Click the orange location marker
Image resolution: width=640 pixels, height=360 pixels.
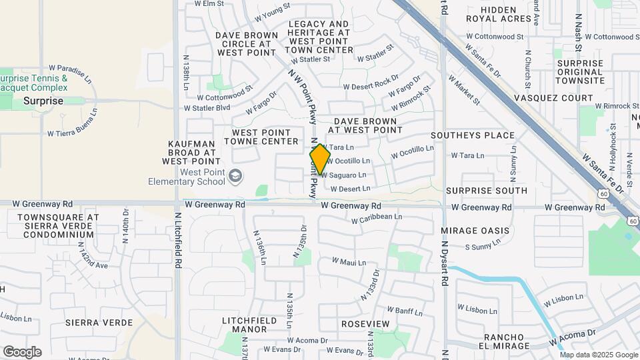320,159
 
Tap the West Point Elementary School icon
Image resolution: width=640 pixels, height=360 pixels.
235,176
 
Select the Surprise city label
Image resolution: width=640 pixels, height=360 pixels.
43,101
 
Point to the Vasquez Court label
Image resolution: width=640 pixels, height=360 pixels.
553,98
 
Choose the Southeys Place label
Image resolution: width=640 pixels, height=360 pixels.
473,135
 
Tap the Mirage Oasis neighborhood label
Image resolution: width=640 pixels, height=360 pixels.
475,231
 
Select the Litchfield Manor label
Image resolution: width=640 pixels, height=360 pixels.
249,325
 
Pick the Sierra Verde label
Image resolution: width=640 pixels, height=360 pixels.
92,323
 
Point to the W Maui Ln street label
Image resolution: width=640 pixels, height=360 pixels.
349,262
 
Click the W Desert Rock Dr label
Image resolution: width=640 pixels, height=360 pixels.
371,85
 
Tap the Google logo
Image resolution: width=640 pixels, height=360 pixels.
22,352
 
